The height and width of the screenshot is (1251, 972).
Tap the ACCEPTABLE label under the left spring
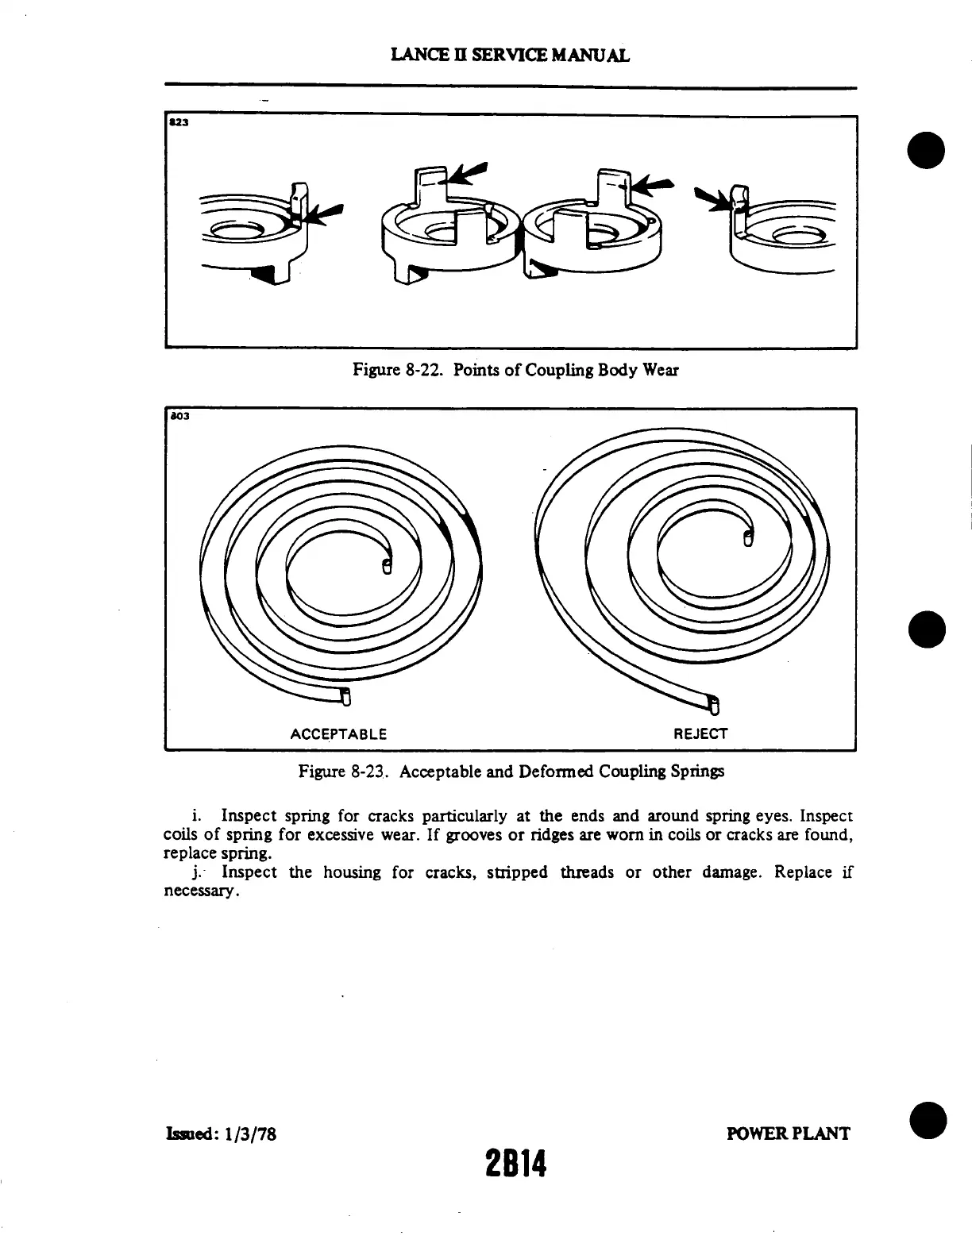[338, 733]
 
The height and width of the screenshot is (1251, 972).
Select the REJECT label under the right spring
[700, 733]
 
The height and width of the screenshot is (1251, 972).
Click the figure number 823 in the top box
[175, 124]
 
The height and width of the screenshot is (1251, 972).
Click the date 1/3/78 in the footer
[249, 1134]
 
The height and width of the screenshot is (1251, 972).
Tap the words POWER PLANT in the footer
[788, 1134]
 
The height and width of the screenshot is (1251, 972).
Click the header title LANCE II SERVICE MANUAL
[511, 55]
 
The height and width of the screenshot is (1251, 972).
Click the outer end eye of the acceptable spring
[345, 698]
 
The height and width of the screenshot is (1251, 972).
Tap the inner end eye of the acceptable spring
[387, 565]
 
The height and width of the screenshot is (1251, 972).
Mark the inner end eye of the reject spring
[747, 538]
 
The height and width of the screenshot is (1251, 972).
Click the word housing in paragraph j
[357, 872]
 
